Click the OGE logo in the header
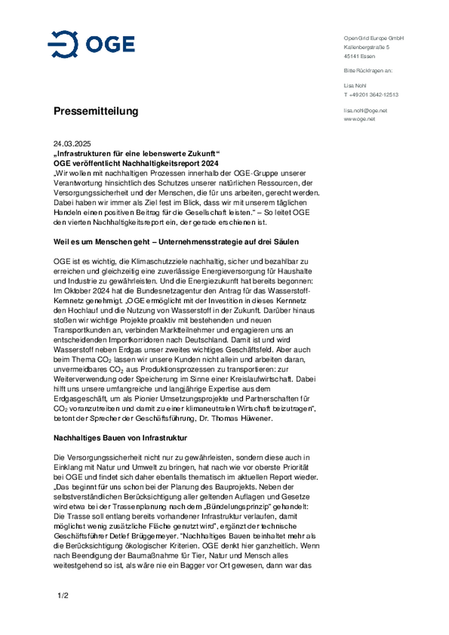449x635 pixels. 91,44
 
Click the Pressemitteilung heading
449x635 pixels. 96,111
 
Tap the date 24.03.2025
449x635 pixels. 72,144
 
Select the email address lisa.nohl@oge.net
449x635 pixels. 365,111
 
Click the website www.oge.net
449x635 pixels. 359,119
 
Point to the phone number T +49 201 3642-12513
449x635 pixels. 371,95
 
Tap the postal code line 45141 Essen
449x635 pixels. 359,56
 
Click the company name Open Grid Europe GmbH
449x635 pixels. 374,38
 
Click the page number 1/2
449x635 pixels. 63,596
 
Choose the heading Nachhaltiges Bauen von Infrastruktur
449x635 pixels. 120,438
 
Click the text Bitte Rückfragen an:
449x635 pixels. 368,71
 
